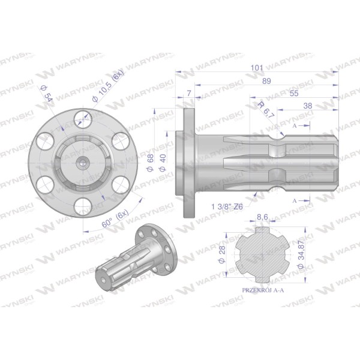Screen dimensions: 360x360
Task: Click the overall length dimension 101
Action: (x=257, y=68)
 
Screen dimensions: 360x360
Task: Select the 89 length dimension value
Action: (x=266, y=81)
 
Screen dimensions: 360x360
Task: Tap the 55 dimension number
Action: (x=294, y=94)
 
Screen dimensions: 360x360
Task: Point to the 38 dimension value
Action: (x=308, y=106)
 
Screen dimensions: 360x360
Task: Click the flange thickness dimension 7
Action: (x=189, y=94)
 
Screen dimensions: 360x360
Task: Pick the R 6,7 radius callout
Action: (x=266, y=110)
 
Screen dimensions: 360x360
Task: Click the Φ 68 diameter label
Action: (x=150, y=163)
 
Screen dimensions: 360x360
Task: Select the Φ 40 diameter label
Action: (x=163, y=163)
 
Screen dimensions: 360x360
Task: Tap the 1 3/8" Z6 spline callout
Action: (x=227, y=207)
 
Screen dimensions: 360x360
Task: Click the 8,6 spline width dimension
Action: (x=262, y=217)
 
